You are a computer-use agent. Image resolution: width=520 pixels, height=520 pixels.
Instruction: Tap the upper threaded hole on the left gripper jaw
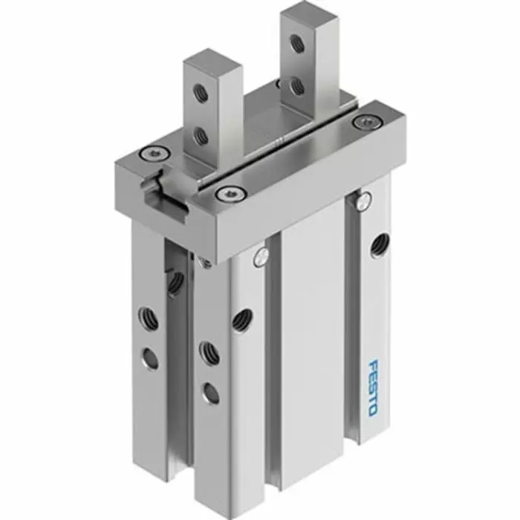(x=199, y=92)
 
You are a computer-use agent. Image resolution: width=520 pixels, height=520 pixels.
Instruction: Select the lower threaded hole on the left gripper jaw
(x=199, y=135)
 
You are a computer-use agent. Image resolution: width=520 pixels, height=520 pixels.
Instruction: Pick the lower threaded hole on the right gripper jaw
(x=297, y=86)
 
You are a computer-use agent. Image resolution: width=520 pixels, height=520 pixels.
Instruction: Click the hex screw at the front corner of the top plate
(x=227, y=195)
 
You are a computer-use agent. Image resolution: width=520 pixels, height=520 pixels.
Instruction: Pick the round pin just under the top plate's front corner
(x=259, y=257)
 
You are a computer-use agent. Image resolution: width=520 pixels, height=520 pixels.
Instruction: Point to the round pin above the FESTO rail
(x=363, y=198)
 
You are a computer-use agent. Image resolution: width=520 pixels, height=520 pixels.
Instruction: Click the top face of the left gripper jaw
(x=212, y=59)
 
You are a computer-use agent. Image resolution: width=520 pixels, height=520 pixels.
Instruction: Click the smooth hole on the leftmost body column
(x=150, y=359)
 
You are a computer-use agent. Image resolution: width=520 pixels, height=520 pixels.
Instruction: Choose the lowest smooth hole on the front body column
(x=210, y=392)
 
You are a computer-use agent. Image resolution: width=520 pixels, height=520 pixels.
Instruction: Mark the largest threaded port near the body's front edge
(x=241, y=319)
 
